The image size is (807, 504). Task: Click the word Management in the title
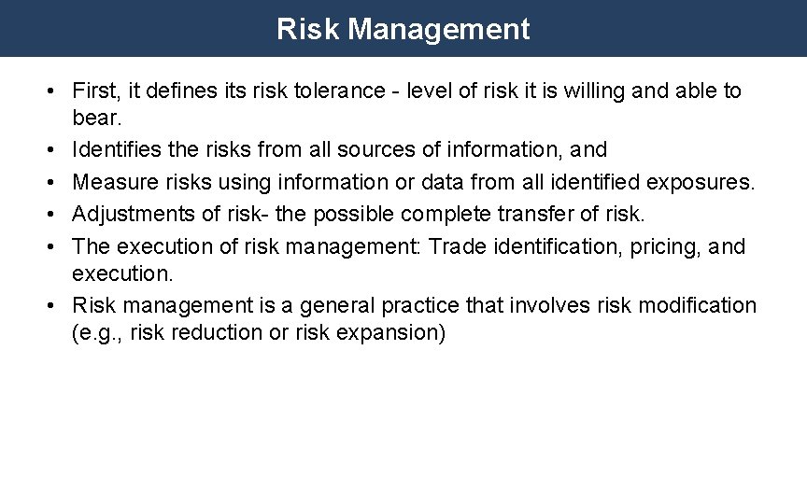point(439,29)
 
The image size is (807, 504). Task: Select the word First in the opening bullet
point(93,91)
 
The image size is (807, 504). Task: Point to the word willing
point(585,91)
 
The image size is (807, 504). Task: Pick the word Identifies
point(113,149)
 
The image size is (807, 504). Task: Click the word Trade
point(454,245)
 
